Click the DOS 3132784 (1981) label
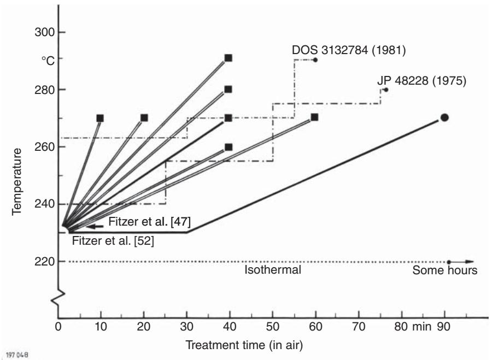click(x=348, y=50)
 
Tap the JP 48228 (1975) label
click(x=421, y=81)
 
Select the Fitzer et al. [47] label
click(x=149, y=222)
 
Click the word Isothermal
click(x=273, y=269)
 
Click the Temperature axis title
click(x=17, y=181)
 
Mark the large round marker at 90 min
click(x=444, y=117)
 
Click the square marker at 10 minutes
click(x=100, y=118)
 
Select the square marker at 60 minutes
click(x=314, y=117)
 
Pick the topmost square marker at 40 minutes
click(x=229, y=58)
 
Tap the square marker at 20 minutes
click(x=144, y=117)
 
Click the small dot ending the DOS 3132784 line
click(x=315, y=60)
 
